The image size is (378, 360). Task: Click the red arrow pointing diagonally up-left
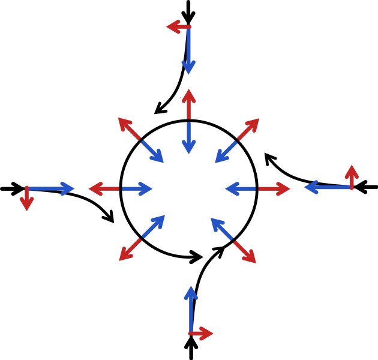[x=129, y=129]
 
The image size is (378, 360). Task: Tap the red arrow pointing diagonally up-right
[x=248, y=130]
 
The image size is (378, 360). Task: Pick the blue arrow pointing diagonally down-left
[x=226, y=152]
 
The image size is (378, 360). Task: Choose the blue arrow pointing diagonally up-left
[x=221, y=229]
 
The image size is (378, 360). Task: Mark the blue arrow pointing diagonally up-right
[x=153, y=226]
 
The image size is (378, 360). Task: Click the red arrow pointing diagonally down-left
[x=130, y=250]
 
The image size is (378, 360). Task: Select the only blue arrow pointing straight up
[x=191, y=309]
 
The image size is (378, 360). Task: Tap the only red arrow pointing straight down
[x=26, y=199]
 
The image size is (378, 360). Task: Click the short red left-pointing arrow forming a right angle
[x=178, y=26]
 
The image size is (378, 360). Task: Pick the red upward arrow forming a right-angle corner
[x=352, y=177]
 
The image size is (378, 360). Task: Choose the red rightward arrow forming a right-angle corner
[x=202, y=333]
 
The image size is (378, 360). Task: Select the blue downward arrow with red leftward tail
[x=188, y=51]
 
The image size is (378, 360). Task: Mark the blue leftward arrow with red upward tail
[x=328, y=187]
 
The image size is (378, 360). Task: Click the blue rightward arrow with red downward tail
[x=50, y=189]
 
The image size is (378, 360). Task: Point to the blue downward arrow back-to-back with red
[x=188, y=137]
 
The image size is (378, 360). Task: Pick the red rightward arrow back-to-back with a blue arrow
[x=274, y=189]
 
